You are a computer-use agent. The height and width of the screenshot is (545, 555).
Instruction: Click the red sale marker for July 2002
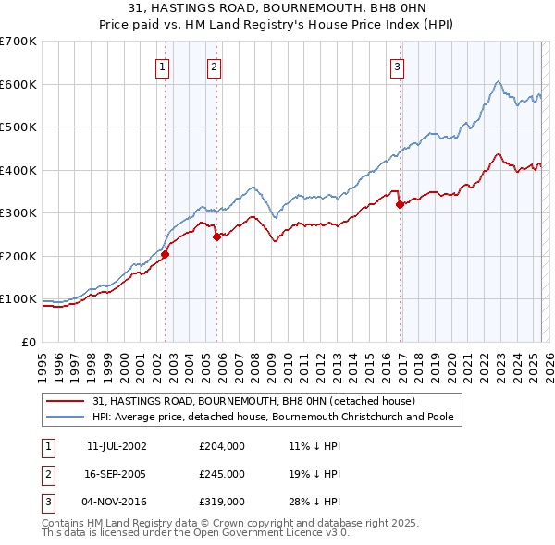(x=165, y=254)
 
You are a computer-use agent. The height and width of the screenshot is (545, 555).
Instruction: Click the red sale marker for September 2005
(x=216, y=236)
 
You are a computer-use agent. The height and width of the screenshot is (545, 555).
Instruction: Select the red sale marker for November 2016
(x=400, y=205)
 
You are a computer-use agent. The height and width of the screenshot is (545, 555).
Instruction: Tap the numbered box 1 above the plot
(x=162, y=66)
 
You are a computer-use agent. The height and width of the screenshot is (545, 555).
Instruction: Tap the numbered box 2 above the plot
(x=214, y=66)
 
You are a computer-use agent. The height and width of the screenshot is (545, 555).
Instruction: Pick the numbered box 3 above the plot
(x=397, y=66)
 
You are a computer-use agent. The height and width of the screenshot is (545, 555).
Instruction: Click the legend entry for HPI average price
(x=272, y=418)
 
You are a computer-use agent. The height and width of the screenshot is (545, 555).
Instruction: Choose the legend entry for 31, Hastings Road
(x=254, y=402)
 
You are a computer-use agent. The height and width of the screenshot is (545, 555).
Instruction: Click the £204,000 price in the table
(x=221, y=446)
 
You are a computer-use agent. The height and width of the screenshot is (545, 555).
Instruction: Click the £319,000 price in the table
(x=221, y=502)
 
